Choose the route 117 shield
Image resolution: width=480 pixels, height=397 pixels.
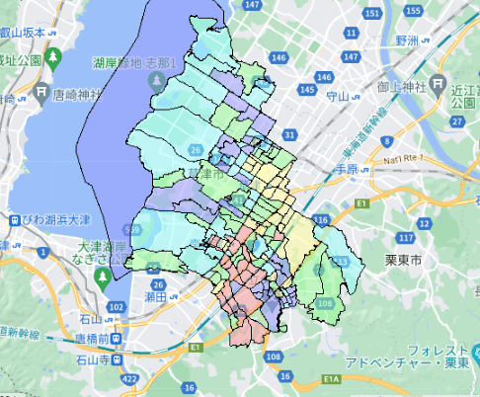coord(404,238)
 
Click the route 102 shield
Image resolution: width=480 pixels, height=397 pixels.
coord(117,309)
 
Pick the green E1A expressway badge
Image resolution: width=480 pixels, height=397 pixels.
coord(331,380)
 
